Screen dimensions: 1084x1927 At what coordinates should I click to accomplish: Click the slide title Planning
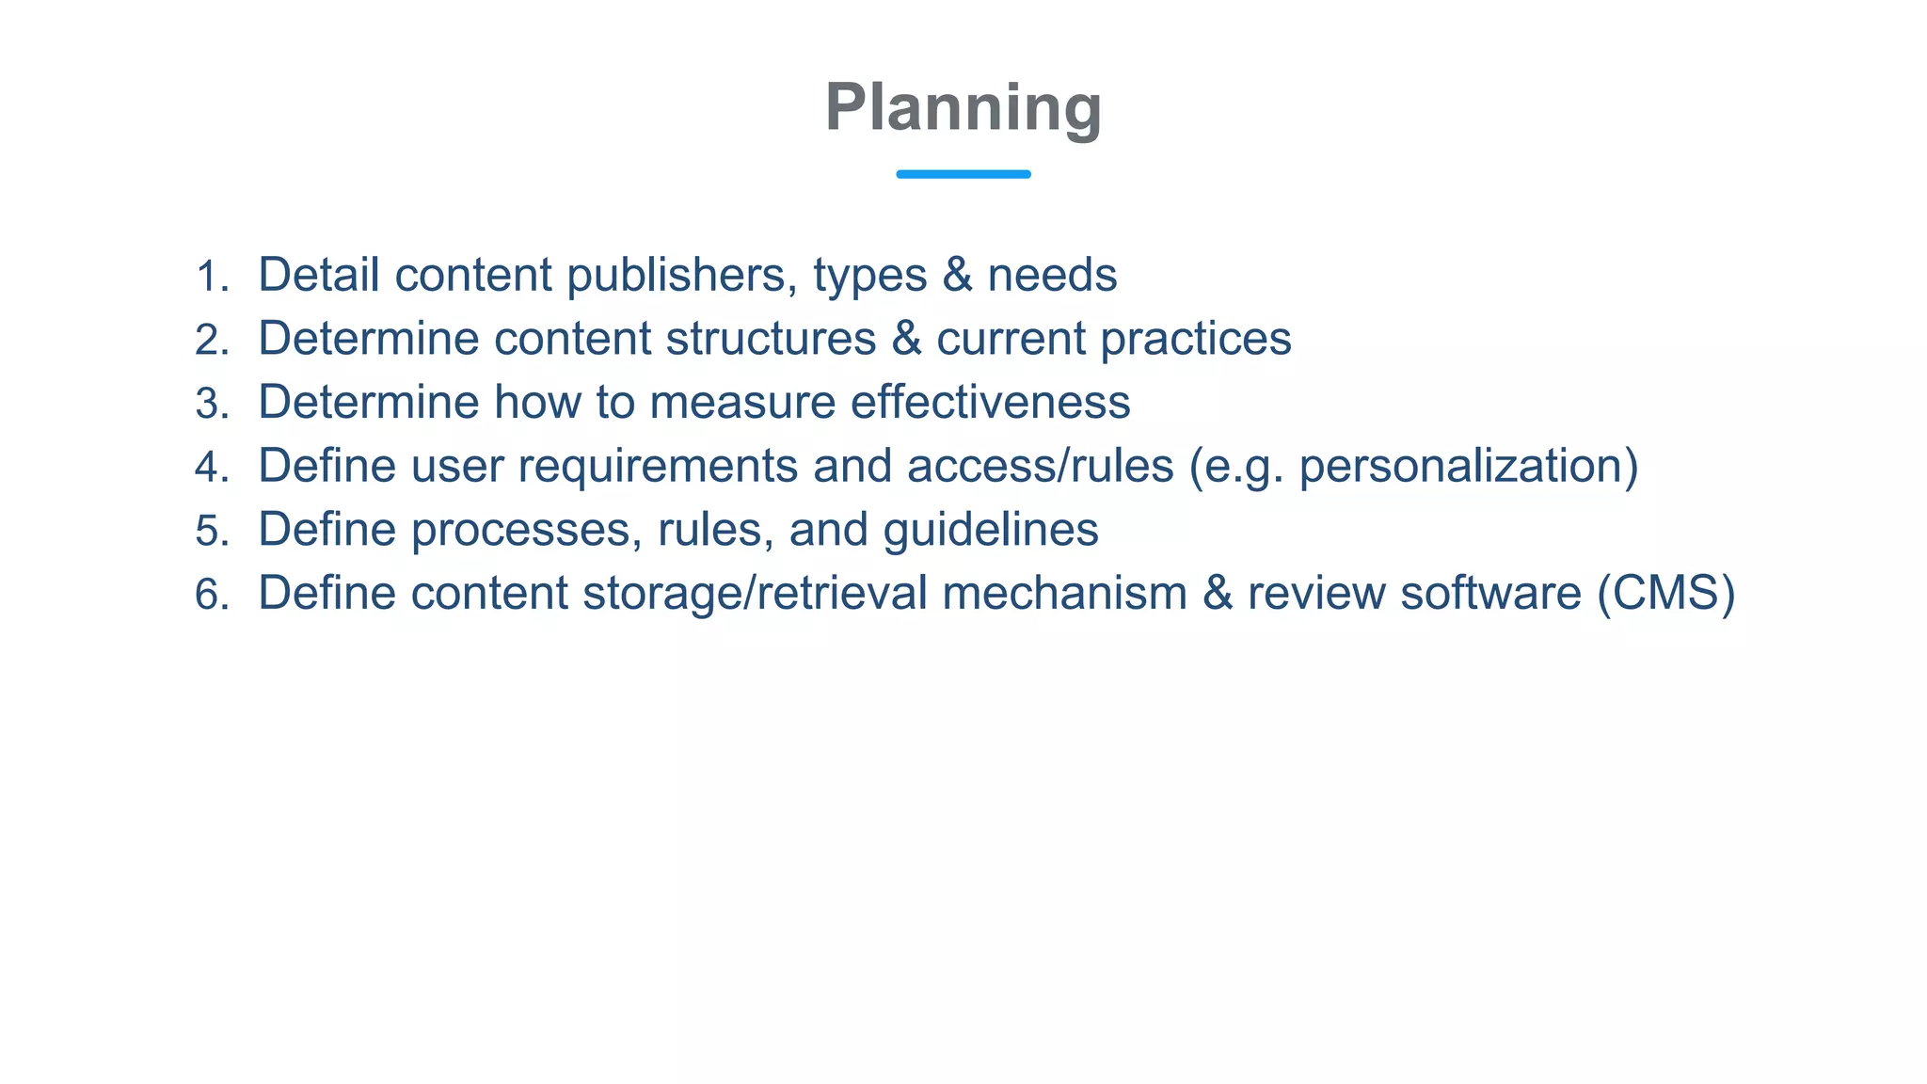(x=963, y=107)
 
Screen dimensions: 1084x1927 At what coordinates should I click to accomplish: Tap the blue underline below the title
(x=963, y=174)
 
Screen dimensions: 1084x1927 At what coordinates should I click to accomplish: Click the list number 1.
(x=212, y=277)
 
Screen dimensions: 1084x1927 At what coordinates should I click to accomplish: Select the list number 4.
(x=212, y=468)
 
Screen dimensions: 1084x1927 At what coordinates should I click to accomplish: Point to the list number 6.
(x=212, y=595)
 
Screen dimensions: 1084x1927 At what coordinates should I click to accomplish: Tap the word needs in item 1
(x=1052, y=275)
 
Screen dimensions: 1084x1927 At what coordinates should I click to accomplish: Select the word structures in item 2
(x=771, y=339)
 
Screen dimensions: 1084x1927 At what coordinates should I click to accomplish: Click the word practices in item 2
(x=1196, y=339)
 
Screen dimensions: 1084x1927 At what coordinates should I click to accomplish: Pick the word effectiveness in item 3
(x=990, y=402)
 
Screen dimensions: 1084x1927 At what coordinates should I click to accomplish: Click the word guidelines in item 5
(x=990, y=530)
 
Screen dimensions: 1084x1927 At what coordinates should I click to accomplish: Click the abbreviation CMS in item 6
(x=1665, y=593)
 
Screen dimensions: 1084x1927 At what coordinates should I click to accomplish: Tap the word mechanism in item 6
(x=1064, y=593)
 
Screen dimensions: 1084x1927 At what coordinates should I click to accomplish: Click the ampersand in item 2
(x=906, y=339)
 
